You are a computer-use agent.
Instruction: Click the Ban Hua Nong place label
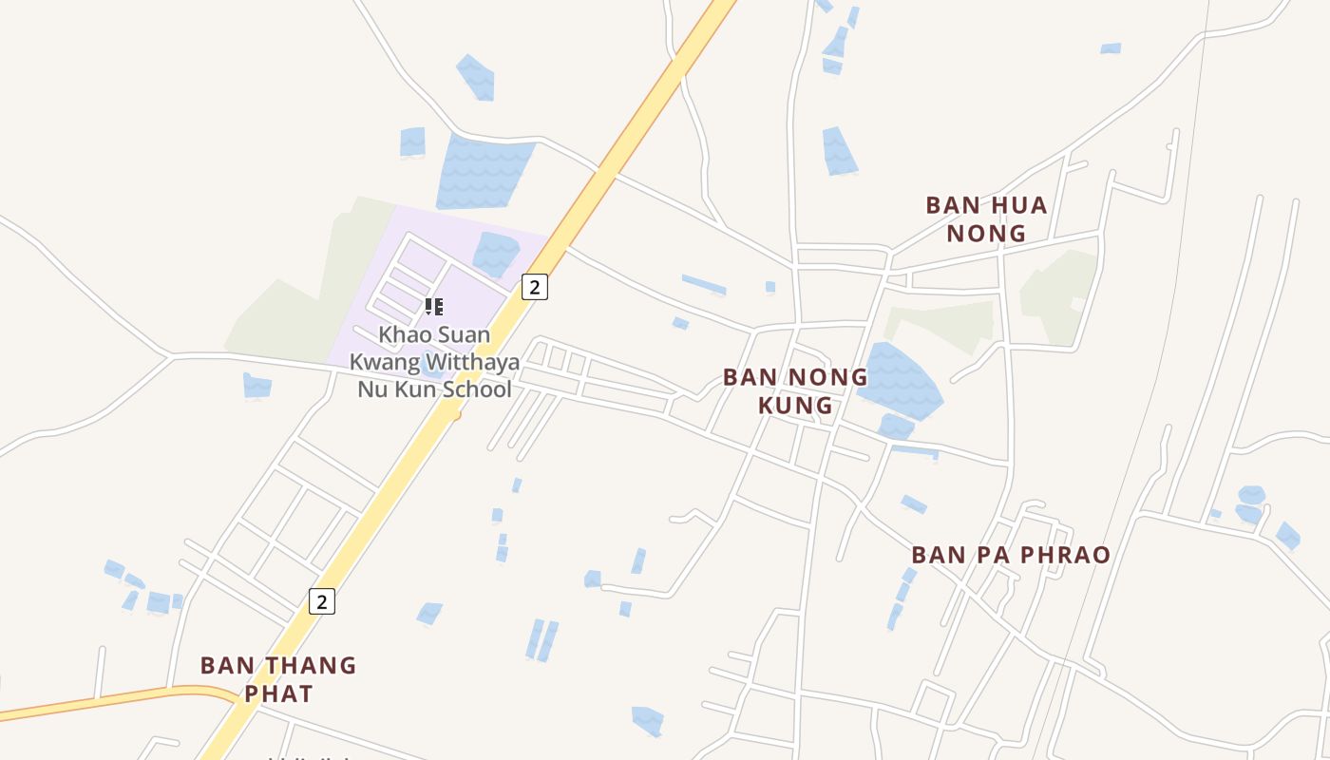(986, 218)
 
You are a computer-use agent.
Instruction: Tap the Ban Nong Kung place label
(795, 390)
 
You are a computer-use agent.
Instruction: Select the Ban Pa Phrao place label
(1011, 555)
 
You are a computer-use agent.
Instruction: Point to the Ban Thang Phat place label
(278, 679)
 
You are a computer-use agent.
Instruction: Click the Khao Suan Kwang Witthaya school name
(434, 362)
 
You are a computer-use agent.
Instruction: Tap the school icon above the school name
(434, 306)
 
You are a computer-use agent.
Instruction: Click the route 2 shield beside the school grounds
(535, 286)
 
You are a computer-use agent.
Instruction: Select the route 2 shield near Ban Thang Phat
(322, 601)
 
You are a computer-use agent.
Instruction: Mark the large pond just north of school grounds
(484, 171)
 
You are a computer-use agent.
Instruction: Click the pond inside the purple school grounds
(495, 253)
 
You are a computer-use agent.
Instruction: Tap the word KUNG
(795, 406)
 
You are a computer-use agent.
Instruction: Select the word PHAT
(278, 693)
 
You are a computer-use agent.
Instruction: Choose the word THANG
(310, 665)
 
